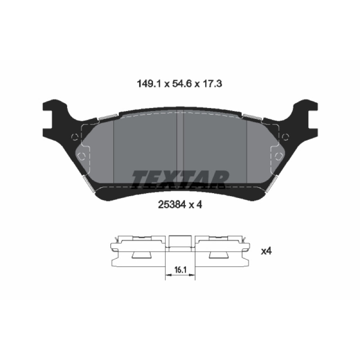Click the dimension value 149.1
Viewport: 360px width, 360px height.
point(150,84)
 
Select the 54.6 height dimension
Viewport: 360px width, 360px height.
point(182,84)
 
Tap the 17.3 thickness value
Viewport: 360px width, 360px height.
point(212,84)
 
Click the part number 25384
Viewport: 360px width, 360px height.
point(172,205)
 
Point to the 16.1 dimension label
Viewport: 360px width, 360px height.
point(180,270)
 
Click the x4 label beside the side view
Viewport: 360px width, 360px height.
point(266,251)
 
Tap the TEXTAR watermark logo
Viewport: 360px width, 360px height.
point(180,179)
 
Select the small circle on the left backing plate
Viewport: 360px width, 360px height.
point(75,137)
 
